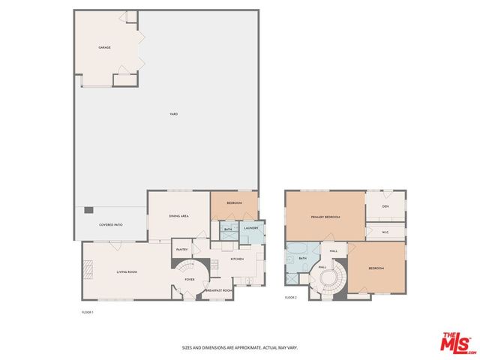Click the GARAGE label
point(104,47)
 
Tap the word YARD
point(173,114)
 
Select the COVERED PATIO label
point(110,225)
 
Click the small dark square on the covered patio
point(88,210)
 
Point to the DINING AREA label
point(178,216)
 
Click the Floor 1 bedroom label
point(234,204)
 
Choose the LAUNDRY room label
point(251,228)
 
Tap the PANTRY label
point(181,249)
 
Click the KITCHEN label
point(237,259)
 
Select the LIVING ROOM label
point(126,271)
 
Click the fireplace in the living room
point(87,267)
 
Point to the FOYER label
point(190,279)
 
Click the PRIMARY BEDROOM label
point(326,217)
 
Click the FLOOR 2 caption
point(291,298)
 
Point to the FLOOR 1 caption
point(87,311)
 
